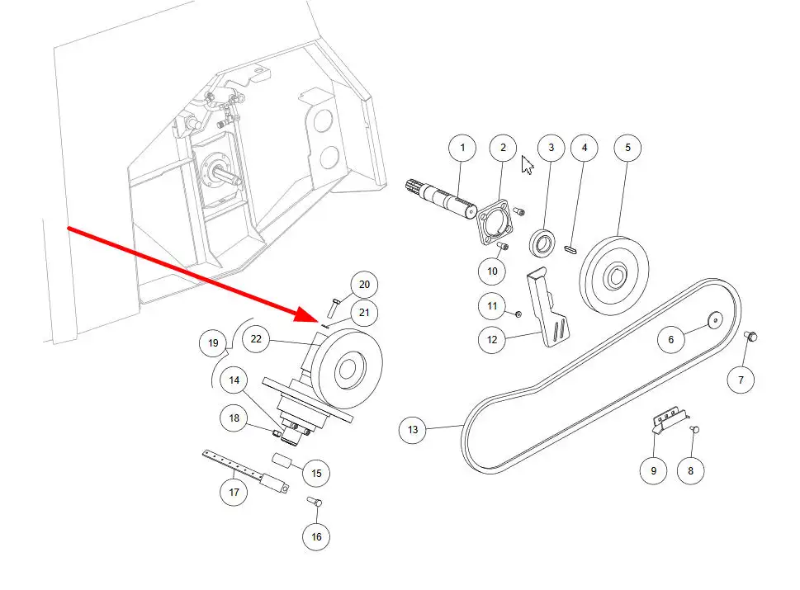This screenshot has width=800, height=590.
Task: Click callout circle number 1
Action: (x=462, y=148)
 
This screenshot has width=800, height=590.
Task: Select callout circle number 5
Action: (x=627, y=148)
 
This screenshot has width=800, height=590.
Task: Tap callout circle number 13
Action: (x=413, y=429)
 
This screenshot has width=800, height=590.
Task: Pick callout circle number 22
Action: (x=257, y=339)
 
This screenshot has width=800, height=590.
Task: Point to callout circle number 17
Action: (x=234, y=493)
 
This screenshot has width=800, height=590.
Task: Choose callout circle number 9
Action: (x=653, y=470)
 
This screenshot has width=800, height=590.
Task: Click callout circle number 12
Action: (x=492, y=339)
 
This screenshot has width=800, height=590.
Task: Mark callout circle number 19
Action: (x=214, y=343)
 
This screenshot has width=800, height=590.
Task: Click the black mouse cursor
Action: (x=527, y=164)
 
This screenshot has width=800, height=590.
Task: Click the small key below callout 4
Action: (x=570, y=247)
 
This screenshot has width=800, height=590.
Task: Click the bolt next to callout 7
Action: (x=751, y=336)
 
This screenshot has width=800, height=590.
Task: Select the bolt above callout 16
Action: (x=315, y=503)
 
